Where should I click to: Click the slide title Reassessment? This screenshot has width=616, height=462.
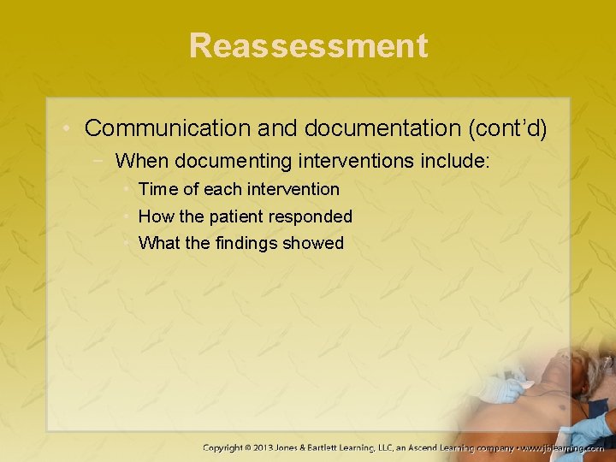coord(308,45)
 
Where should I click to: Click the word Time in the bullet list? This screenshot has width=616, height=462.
coord(156,189)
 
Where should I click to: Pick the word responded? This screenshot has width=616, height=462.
coord(313,216)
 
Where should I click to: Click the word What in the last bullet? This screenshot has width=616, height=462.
coord(159,243)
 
